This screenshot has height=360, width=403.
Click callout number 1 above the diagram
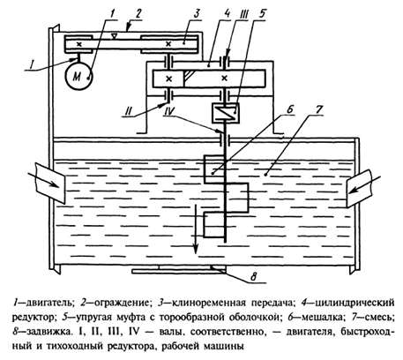(x=114, y=13)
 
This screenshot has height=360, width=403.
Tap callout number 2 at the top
(x=138, y=13)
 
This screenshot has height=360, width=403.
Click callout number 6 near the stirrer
(x=289, y=109)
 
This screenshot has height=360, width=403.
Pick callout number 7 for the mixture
(x=318, y=109)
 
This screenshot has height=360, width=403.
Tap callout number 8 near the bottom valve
(x=254, y=277)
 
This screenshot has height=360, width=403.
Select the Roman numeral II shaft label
(x=129, y=111)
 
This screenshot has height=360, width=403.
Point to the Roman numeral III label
(x=243, y=13)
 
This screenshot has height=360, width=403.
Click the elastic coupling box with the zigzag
(x=226, y=113)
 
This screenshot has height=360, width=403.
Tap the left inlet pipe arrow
(x=42, y=179)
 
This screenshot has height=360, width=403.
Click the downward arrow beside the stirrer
(x=194, y=229)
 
